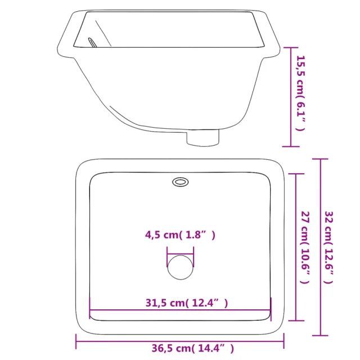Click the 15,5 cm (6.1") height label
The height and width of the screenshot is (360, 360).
click(301, 93)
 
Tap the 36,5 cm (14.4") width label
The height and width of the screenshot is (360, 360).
click(192, 348)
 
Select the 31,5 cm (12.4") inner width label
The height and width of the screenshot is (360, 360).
click(187, 303)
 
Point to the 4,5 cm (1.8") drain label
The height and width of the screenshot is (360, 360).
click(180, 235)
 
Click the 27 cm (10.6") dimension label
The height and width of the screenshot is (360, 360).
click(305, 247)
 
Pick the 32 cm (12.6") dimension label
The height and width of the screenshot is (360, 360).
click(328, 247)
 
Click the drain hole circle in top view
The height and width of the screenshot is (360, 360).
click(181, 267)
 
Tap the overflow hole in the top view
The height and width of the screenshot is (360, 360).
click(181, 182)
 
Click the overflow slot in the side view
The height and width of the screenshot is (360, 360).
click(92, 43)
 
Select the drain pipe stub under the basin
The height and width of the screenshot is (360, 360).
click(202, 138)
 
